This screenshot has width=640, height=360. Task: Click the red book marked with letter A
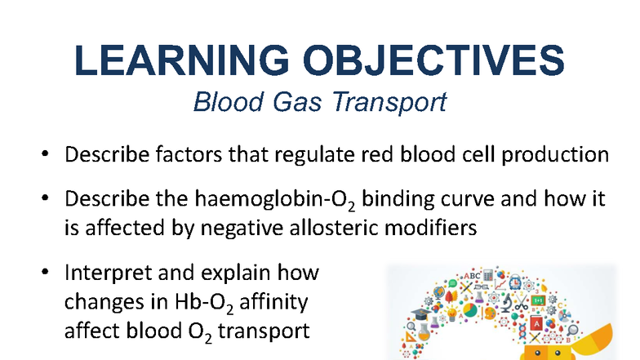(536, 322)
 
